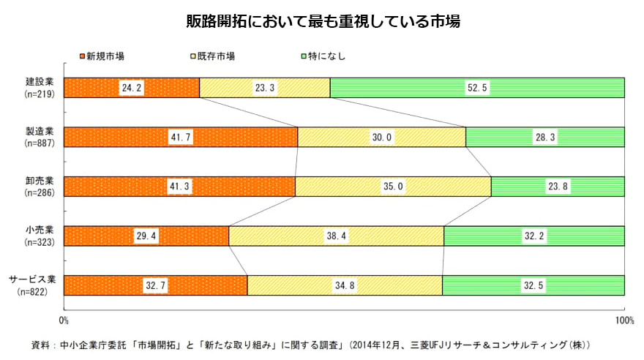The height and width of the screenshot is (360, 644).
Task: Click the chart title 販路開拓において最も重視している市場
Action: [322, 21]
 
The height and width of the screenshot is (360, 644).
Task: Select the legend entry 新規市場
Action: [105, 56]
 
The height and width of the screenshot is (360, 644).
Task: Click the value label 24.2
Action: [132, 88]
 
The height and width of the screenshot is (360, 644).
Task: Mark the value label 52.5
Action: [477, 88]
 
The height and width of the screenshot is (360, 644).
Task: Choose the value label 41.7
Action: [181, 138]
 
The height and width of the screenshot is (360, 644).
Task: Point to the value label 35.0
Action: [393, 187]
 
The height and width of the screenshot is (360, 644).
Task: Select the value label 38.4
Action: [337, 236]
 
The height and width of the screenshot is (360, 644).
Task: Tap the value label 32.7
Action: [155, 285]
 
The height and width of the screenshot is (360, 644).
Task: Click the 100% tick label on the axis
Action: [624, 320]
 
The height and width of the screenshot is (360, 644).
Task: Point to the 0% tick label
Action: [64, 320]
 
